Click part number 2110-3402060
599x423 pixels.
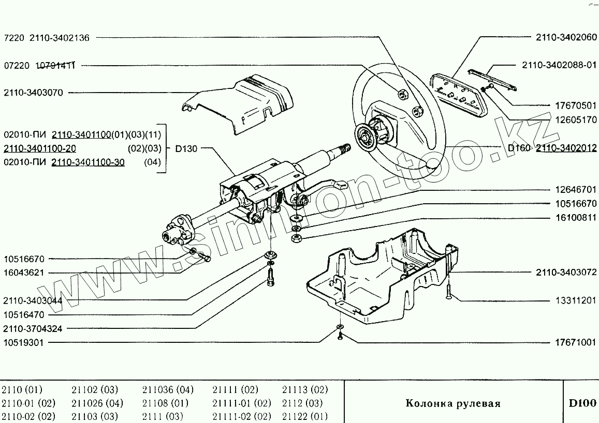coord(567,37)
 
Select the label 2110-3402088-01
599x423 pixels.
coord(560,65)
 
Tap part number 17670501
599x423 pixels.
coord(575,105)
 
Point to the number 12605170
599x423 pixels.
coord(575,120)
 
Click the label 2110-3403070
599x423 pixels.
coord(33,93)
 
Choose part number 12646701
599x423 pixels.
coord(575,190)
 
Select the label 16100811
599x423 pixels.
coord(575,218)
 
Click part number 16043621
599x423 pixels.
coord(24,273)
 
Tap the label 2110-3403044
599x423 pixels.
coord(33,300)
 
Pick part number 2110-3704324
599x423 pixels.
coord(33,328)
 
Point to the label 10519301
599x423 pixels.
coord(24,342)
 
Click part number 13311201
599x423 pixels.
coord(575,300)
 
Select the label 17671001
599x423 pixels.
coord(575,342)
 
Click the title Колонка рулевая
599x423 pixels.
coord(452,403)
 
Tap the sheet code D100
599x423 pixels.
coord(582,403)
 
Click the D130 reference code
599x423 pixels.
coord(186,148)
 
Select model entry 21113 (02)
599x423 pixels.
coord(305,389)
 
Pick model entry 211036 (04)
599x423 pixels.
coord(167,389)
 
